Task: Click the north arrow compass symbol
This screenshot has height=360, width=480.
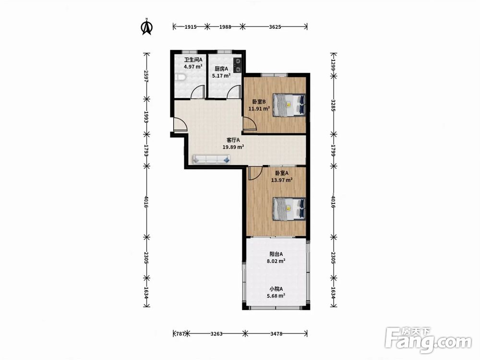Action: (x=147, y=26)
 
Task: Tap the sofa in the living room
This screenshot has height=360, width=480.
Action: (x=211, y=159)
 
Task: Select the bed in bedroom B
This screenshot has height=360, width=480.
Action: (x=289, y=105)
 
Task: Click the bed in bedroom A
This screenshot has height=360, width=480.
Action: (x=289, y=209)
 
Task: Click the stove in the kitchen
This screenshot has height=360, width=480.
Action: (x=238, y=65)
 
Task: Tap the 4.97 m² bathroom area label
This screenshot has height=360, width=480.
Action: (x=193, y=66)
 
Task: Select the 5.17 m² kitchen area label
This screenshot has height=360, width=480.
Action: (x=221, y=75)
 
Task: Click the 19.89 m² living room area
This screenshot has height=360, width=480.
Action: (x=233, y=147)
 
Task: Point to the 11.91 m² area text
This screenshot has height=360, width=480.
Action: (x=259, y=108)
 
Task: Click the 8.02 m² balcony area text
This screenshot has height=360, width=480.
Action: (x=276, y=261)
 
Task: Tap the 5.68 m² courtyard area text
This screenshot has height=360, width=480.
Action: (x=276, y=296)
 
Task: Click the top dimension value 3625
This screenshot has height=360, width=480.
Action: (x=275, y=27)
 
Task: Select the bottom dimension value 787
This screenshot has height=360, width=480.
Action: (x=180, y=334)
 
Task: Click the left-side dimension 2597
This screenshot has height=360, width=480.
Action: (x=146, y=76)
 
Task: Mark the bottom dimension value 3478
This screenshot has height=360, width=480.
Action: (x=276, y=334)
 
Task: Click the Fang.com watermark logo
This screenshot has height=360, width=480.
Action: (x=428, y=341)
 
